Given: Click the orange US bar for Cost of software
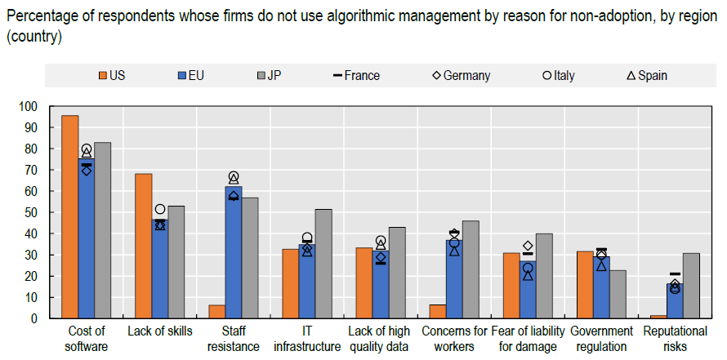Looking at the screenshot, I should pos(70,217).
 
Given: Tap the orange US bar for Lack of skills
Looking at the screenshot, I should pos(144,246).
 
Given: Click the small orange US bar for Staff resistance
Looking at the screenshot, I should pos(217,312).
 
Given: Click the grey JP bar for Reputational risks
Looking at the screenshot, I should pos(691,286).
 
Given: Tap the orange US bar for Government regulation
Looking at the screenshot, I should pos(585,285).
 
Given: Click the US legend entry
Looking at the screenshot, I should pos(110,76).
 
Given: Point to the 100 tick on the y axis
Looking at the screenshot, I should pos(29,106).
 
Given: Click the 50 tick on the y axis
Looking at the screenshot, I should pos(31,212).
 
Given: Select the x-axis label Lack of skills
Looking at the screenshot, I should pos(160,331).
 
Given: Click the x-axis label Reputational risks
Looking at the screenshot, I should pos(675,338).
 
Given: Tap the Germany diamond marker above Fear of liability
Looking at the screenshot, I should pos(528,246).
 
